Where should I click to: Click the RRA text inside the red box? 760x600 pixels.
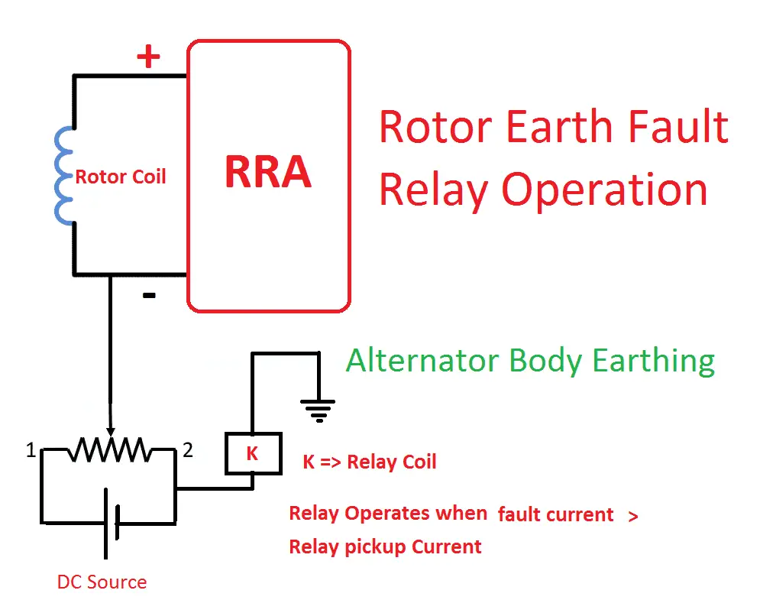coord(267,173)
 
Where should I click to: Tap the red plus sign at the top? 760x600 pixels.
coord(148,57)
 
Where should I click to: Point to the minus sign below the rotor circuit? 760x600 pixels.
coord(150,295)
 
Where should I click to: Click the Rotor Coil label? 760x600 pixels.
coord(120,177)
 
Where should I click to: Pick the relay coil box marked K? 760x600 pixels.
coord(252,454)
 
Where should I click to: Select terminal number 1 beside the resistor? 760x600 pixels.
coord(31,451)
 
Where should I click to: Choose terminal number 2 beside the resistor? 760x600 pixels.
coord(188,450)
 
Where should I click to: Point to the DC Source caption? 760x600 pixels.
coord(102,582)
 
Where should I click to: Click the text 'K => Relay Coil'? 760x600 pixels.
coord(369,462)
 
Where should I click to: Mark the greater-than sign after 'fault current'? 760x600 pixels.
coord(632,516)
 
